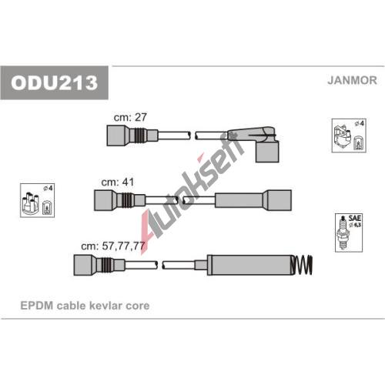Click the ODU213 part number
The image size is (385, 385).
tap(54, 82)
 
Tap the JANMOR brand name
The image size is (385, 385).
tap(352, 80)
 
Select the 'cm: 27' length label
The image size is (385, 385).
tap(130, 117)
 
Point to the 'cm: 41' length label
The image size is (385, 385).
tap(118, 182)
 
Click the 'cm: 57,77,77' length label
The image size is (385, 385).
tap(113, 246)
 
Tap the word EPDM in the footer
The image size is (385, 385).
tap(37, 306)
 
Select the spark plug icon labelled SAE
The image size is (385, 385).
tap(343, 233)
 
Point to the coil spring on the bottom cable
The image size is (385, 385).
tap(302, 265)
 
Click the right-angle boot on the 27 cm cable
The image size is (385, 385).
tap(267, 152)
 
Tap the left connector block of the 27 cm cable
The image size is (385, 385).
tap(115, 136)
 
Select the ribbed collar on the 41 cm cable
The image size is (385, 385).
tap(126, 200)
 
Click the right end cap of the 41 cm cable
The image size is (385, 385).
tap(279, 200)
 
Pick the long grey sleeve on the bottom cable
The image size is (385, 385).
tap(249, 265)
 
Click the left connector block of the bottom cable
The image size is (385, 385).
tap(82, 265)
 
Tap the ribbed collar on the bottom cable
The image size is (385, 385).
tap(106, 265)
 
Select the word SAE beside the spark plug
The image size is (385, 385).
tap(354, 218)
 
